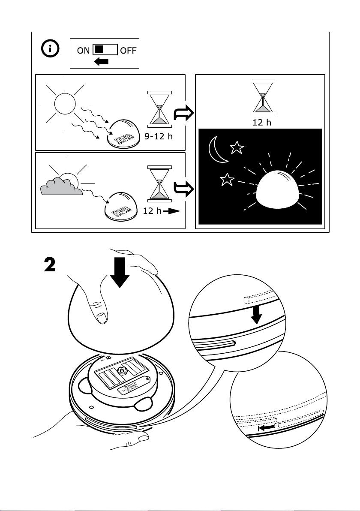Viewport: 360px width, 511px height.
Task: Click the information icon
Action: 51,50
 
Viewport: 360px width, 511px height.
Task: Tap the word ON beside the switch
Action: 84,51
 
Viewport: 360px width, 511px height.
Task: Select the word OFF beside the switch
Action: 128,51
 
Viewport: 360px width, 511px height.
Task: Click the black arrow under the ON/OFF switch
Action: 101,62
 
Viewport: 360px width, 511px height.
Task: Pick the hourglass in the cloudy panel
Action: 159,183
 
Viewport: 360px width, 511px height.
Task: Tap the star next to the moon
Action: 236,148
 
